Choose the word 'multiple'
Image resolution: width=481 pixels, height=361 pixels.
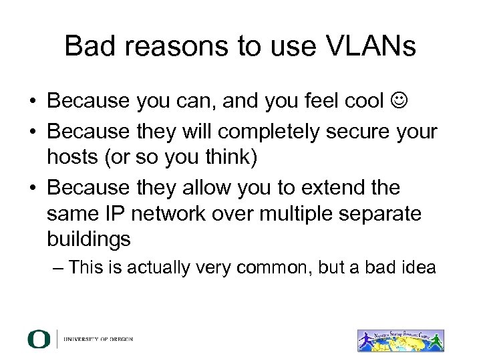300,213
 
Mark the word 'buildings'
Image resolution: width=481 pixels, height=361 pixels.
90,239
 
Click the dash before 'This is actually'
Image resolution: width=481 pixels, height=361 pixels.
57,268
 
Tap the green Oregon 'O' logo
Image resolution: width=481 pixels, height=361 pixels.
39,339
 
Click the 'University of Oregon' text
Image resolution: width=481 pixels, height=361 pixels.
98,339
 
